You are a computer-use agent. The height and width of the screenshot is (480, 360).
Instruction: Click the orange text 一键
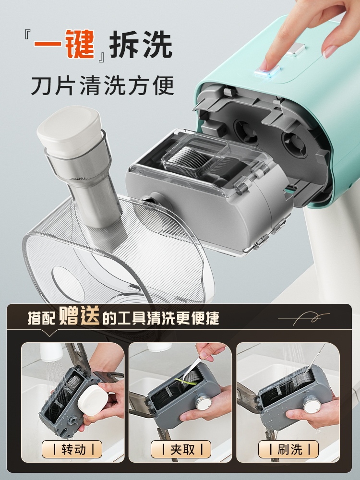click(x=64, y=44)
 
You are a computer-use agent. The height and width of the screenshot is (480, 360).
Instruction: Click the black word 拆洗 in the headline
click(x=141, y=44)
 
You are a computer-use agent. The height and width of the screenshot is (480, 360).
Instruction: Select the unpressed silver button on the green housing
click(x=295, y=49)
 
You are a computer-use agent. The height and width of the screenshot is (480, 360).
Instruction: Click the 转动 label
click(x=72, y=449)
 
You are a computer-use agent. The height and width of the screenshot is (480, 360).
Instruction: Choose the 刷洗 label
click(x=288, y=449)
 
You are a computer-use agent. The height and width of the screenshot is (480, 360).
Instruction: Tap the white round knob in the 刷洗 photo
click(x=312, y=404)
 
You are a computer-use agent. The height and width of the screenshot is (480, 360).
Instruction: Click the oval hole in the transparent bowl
click(x=69, y=283)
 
